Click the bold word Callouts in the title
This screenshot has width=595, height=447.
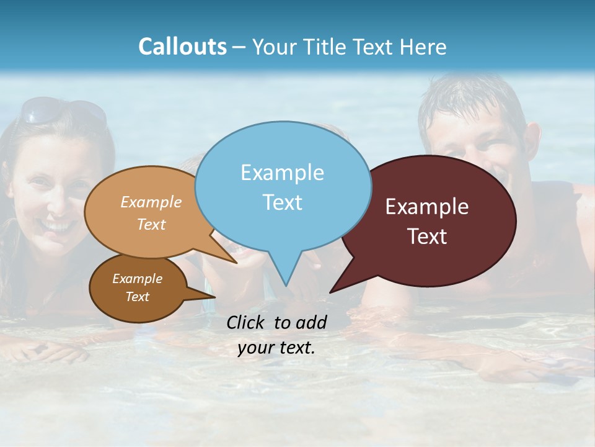[x=182, y=47]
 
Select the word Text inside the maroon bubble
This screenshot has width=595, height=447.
[x=427, y=236]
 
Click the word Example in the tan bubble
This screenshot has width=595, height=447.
[x=151, y=202]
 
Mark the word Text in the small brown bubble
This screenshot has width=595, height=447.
[x=137, y=297]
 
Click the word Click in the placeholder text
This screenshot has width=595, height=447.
[x=247, y=322]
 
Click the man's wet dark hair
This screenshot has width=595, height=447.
[x=471, y=99]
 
